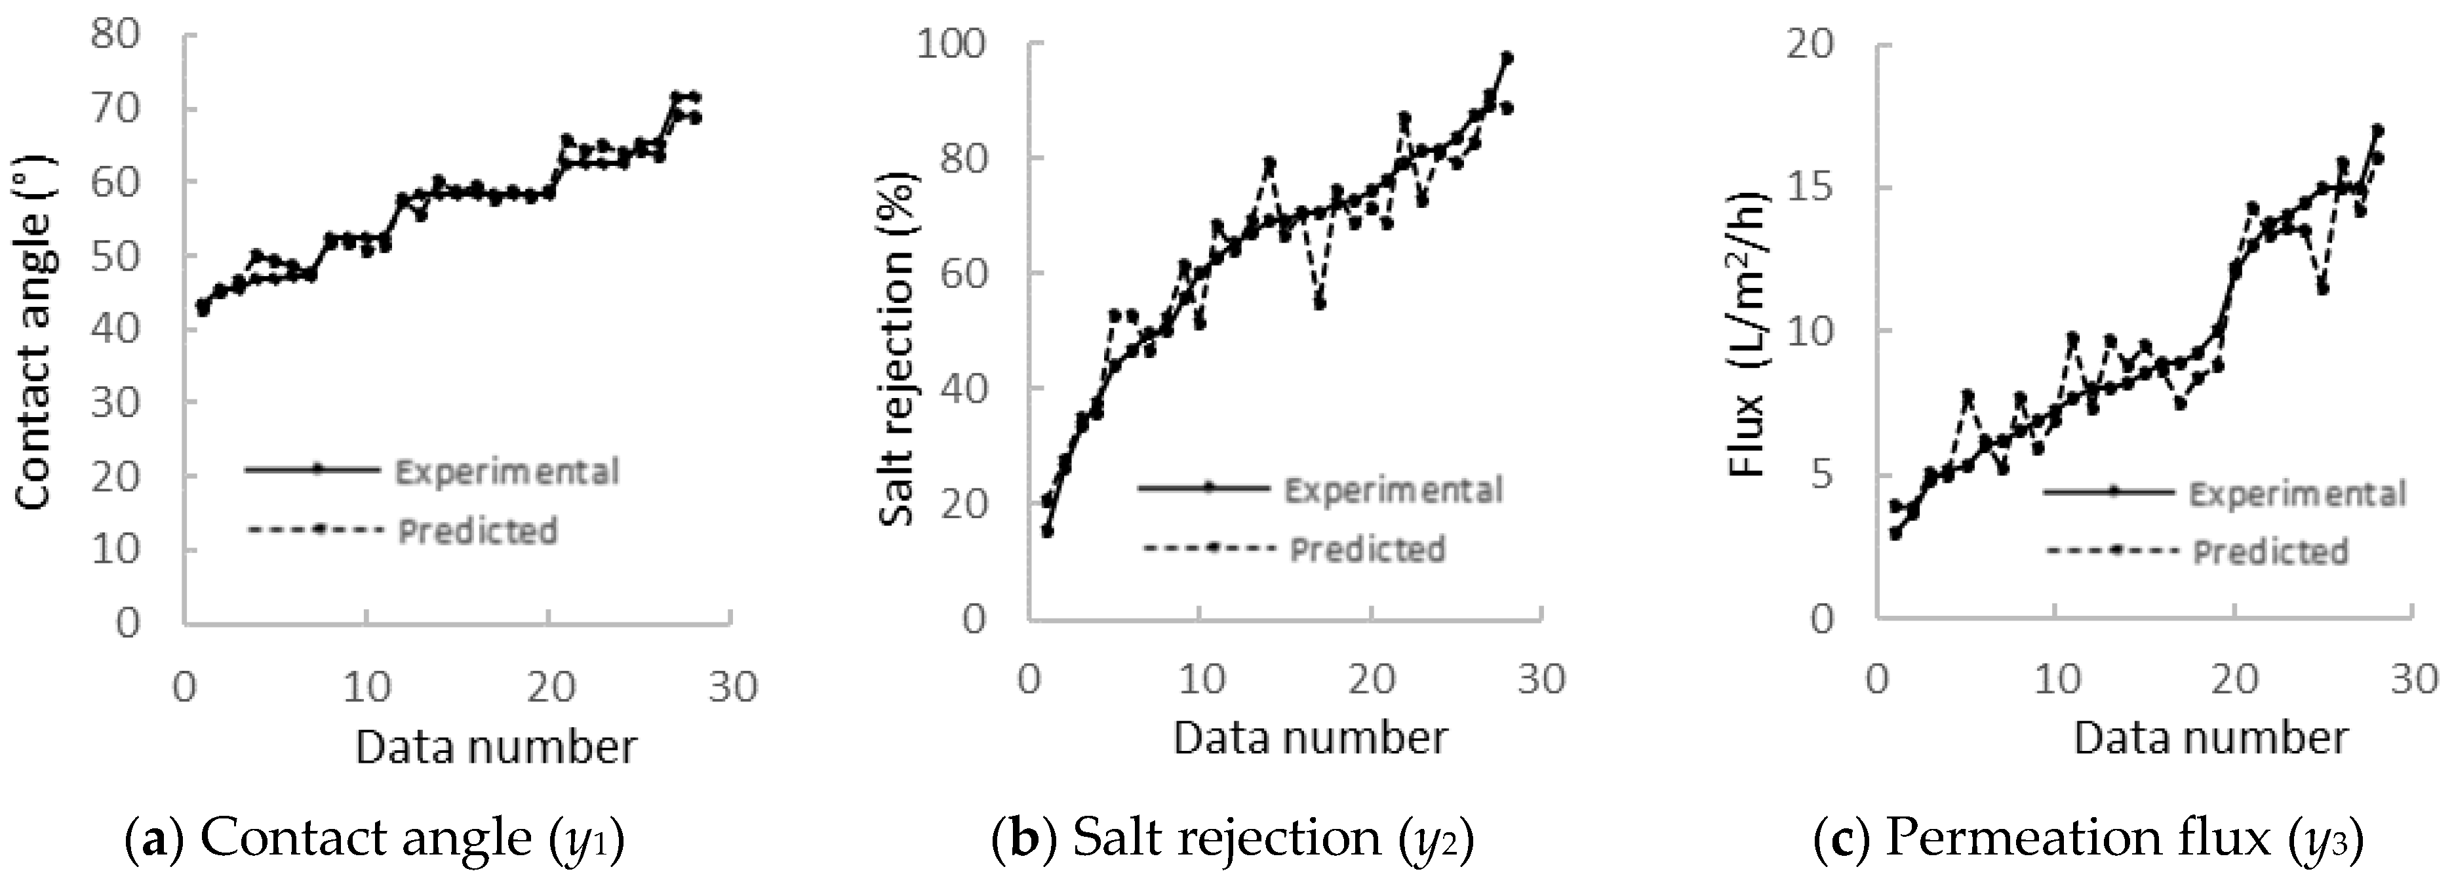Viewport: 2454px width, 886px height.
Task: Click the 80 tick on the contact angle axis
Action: (115, 35)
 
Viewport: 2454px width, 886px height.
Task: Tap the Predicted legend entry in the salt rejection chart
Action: (1367, 550)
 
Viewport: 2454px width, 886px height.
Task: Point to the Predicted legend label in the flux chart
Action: (2270, 553)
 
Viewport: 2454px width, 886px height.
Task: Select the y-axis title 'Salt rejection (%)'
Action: (896, 349)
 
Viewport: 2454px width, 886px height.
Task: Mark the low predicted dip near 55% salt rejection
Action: (1319, 303)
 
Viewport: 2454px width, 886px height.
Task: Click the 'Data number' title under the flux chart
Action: (2211, 739)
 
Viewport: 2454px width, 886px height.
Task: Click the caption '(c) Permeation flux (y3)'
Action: (2088, 838)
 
